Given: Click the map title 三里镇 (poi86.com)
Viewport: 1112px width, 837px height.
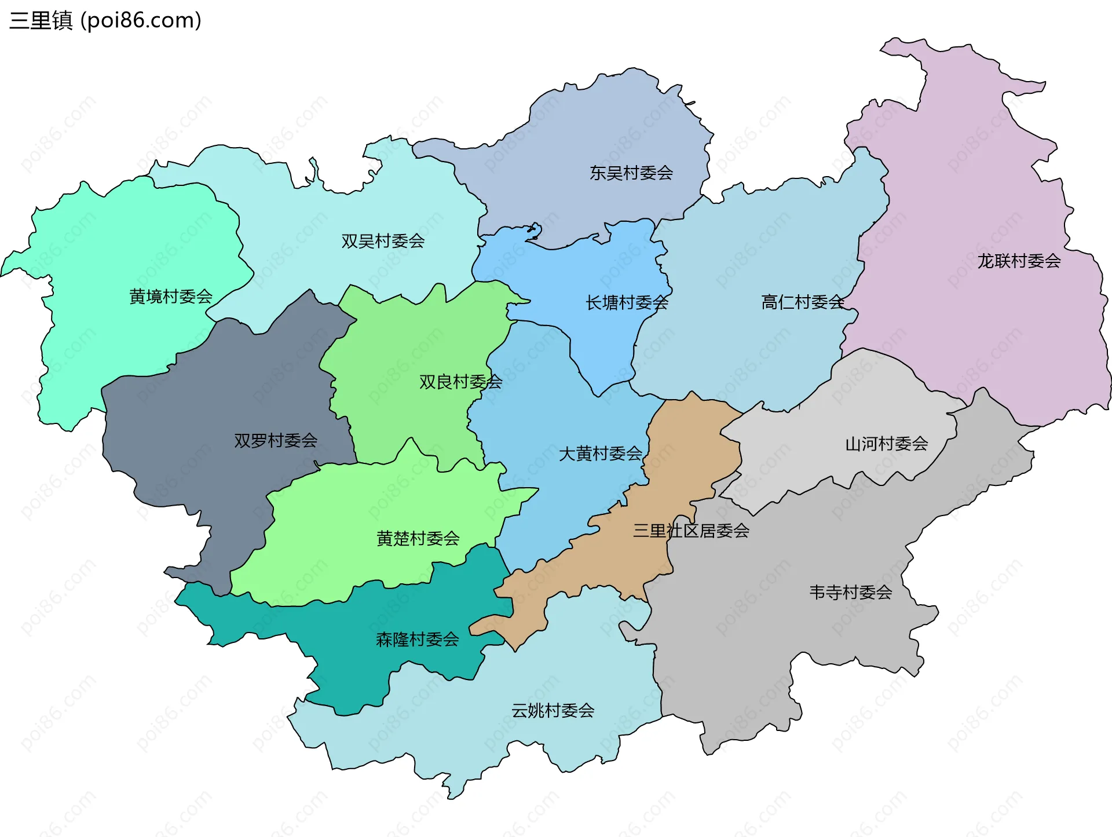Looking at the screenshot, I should [x=105, y=20].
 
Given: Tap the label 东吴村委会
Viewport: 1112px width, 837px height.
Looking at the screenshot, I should [x=631, y=173].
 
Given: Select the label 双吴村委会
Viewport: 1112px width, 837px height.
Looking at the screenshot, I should [x=383, y=241].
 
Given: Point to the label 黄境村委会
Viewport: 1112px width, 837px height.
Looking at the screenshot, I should [x=171, y=297].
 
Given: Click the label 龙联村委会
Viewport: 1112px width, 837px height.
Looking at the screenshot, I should [x=1019, y=261].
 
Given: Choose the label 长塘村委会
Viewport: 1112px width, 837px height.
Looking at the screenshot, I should [x=627, y=302].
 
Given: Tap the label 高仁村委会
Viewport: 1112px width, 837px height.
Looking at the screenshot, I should [x=803, y=302].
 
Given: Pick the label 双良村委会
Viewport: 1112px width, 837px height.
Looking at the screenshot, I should [x=460, y=382].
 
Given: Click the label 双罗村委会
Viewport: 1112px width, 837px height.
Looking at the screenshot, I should [x=276, y=440].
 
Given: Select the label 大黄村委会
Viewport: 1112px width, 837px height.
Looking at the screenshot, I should [x=600, y=454].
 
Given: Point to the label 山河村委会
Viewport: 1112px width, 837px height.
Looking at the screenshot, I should [x=887, y=444].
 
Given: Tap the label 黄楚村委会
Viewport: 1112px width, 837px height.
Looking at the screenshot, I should [x=418, y=538].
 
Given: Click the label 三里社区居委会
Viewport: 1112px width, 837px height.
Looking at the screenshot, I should [x=691, y=531].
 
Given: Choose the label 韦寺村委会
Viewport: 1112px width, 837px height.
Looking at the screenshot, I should [x=850, y=592].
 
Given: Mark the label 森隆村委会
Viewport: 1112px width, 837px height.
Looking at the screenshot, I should [x=417, y=639].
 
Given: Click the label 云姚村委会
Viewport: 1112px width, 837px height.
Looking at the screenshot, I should [x=553, y=710].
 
